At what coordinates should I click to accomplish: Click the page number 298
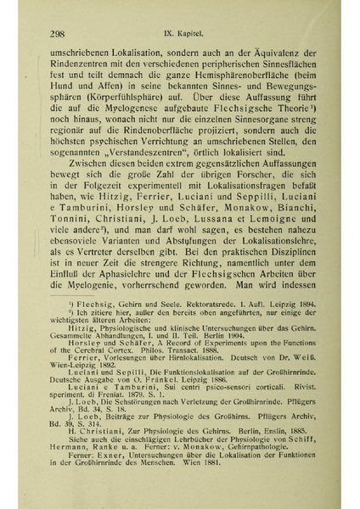click(x=59, y=33)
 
